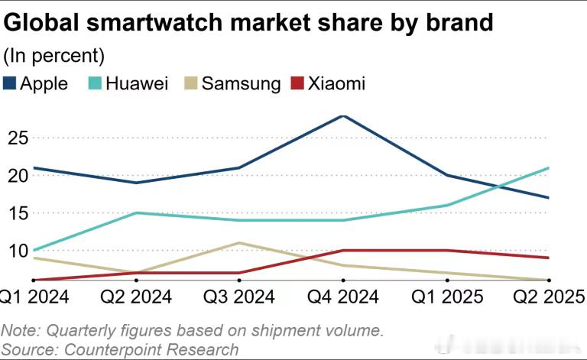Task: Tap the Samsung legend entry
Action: coord(234,83)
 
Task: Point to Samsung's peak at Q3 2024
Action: coord(240,243)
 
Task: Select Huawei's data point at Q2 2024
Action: coord(136,212)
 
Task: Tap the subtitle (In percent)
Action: coord(54,55)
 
